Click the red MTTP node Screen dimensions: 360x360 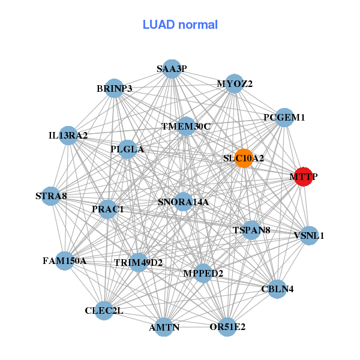304,177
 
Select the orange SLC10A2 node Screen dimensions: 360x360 244,158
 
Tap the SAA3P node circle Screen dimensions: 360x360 172,68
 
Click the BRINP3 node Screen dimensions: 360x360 114,88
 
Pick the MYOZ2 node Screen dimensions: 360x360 235,84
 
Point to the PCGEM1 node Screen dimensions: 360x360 284,118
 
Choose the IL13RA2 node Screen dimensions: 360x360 68,136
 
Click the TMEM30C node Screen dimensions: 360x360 186,126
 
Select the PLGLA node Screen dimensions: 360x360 127,149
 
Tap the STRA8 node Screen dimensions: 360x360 51,196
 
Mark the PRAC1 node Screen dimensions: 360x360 108,209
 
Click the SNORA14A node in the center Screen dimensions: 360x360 183,202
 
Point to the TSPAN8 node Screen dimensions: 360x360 251,230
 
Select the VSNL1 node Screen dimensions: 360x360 308,235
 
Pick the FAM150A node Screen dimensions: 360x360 65,261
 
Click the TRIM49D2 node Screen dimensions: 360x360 139,262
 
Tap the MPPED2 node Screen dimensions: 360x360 203,273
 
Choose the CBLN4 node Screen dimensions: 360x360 277,289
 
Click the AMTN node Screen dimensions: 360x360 164,327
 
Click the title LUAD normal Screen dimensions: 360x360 180,25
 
